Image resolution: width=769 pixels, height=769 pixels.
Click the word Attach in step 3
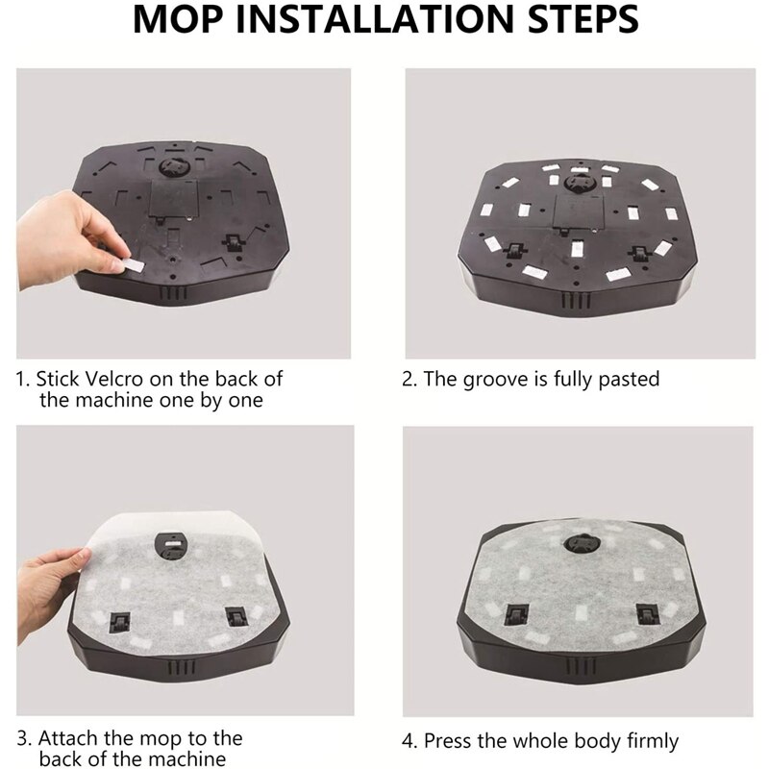[76, 738]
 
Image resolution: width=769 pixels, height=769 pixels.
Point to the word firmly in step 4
[645, 741]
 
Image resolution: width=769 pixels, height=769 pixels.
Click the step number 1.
[22, 380]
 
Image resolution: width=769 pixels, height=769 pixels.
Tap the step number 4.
[408, 741]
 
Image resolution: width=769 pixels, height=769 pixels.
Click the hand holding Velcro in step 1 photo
[91, 236]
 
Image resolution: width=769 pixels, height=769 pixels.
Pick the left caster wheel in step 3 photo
[120, 620]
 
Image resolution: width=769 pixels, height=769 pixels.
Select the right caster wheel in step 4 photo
[643, 608]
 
